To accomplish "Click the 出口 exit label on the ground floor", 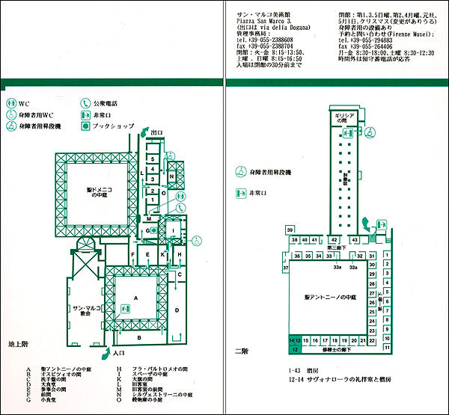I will coord(156,132).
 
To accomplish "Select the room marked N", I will coord(171,176).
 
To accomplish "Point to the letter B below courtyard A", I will coord(139,338).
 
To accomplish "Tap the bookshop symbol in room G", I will coord(153,232).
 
